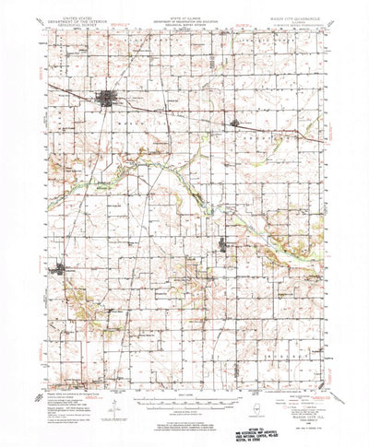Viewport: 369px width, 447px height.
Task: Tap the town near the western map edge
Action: (x=62, y=270)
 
